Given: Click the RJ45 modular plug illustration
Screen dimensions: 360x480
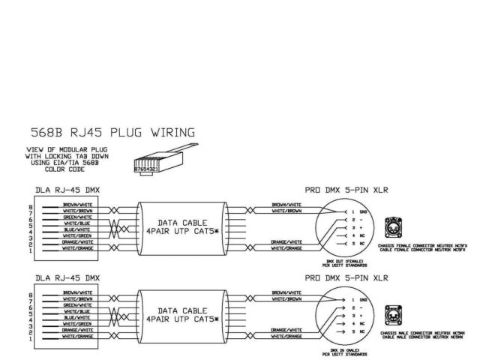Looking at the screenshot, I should [154, 162].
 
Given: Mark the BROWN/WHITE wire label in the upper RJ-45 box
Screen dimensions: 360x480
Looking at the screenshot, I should [78, 205].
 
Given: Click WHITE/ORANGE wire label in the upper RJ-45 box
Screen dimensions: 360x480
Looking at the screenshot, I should [78, 248].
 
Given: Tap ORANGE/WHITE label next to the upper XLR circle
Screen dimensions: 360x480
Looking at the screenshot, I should [288, 241].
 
